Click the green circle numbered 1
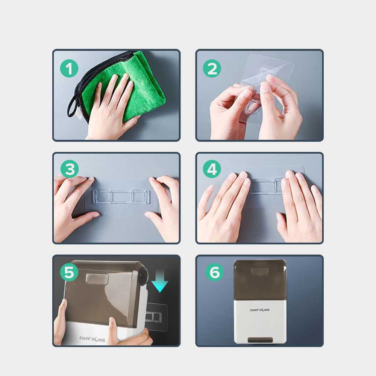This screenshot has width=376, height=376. tap(69, 68)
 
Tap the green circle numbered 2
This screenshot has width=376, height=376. tap(212, 68)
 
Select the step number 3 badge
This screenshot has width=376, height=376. tap(70, 169)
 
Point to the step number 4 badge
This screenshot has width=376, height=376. tap(212, 169)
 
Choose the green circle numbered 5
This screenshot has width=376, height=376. tap(69, 272)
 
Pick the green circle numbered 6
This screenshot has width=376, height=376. tap(215, 272)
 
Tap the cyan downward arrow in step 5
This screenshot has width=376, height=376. tap(160, 280)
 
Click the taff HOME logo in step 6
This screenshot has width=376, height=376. tap(260, 310)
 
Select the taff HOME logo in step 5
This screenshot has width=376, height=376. tap(92, 339)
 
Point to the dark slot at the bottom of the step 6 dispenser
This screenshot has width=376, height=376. tap(260, 340)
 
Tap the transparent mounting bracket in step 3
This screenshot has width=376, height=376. tap(122, 197)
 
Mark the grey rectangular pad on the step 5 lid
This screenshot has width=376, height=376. tap(97, 278)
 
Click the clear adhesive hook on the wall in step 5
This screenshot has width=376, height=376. tap(156, 317)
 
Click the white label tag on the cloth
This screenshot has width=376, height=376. tap(79, 113)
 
